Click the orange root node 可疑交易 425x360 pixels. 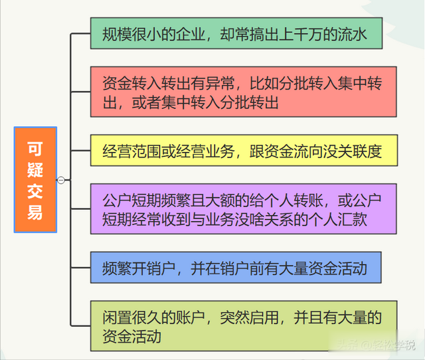click(x=35, y=179)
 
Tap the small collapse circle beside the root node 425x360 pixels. click(x=61, y=179)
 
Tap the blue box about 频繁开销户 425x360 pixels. click(x=236, y=270)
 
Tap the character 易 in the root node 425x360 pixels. click(x=35, y=212)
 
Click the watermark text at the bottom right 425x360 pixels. click(x=376, y=345)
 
